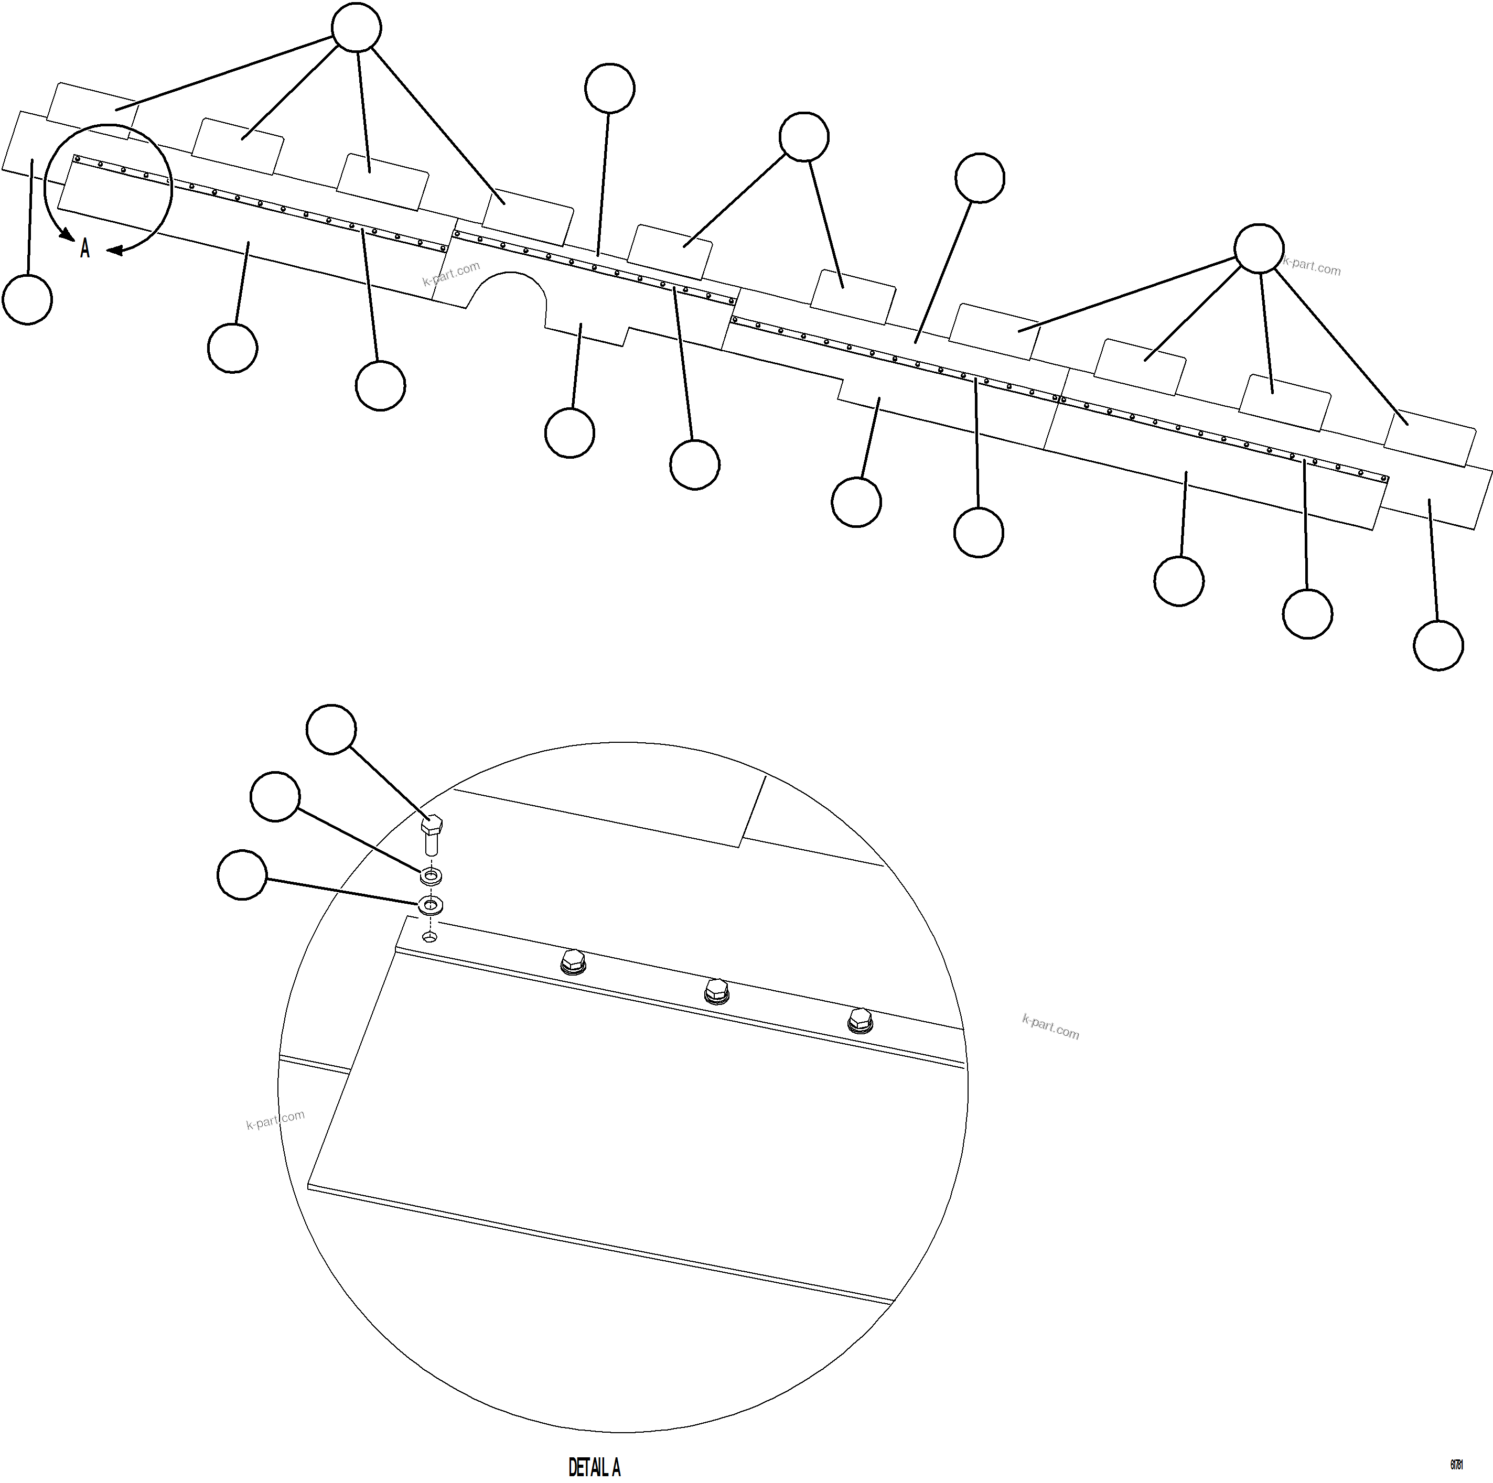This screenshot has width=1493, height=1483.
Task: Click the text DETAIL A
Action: (594, 1467)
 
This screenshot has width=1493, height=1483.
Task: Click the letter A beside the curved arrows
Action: (85, 248)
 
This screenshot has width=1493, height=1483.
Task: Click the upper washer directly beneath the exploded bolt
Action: (431, 876)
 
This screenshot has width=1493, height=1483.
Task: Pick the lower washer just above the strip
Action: (431, 904)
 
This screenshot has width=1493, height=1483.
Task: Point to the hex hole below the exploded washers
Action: (431, 937)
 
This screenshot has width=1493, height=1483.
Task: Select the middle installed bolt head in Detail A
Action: (716, 990)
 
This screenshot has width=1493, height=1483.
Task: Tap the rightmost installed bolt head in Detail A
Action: (860, 1020)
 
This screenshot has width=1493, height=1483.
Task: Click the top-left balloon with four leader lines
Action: (356, 28)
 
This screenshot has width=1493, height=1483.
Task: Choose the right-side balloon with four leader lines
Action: (1259, 248)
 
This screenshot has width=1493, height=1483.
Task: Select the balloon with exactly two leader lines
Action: (804, 137)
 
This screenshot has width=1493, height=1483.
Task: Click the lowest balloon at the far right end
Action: (1438, 646)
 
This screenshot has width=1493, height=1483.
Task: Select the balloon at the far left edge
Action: (28, 300)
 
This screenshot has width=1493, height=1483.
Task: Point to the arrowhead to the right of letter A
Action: (114, 250)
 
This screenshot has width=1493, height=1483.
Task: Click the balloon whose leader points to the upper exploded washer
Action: (276, 796)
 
